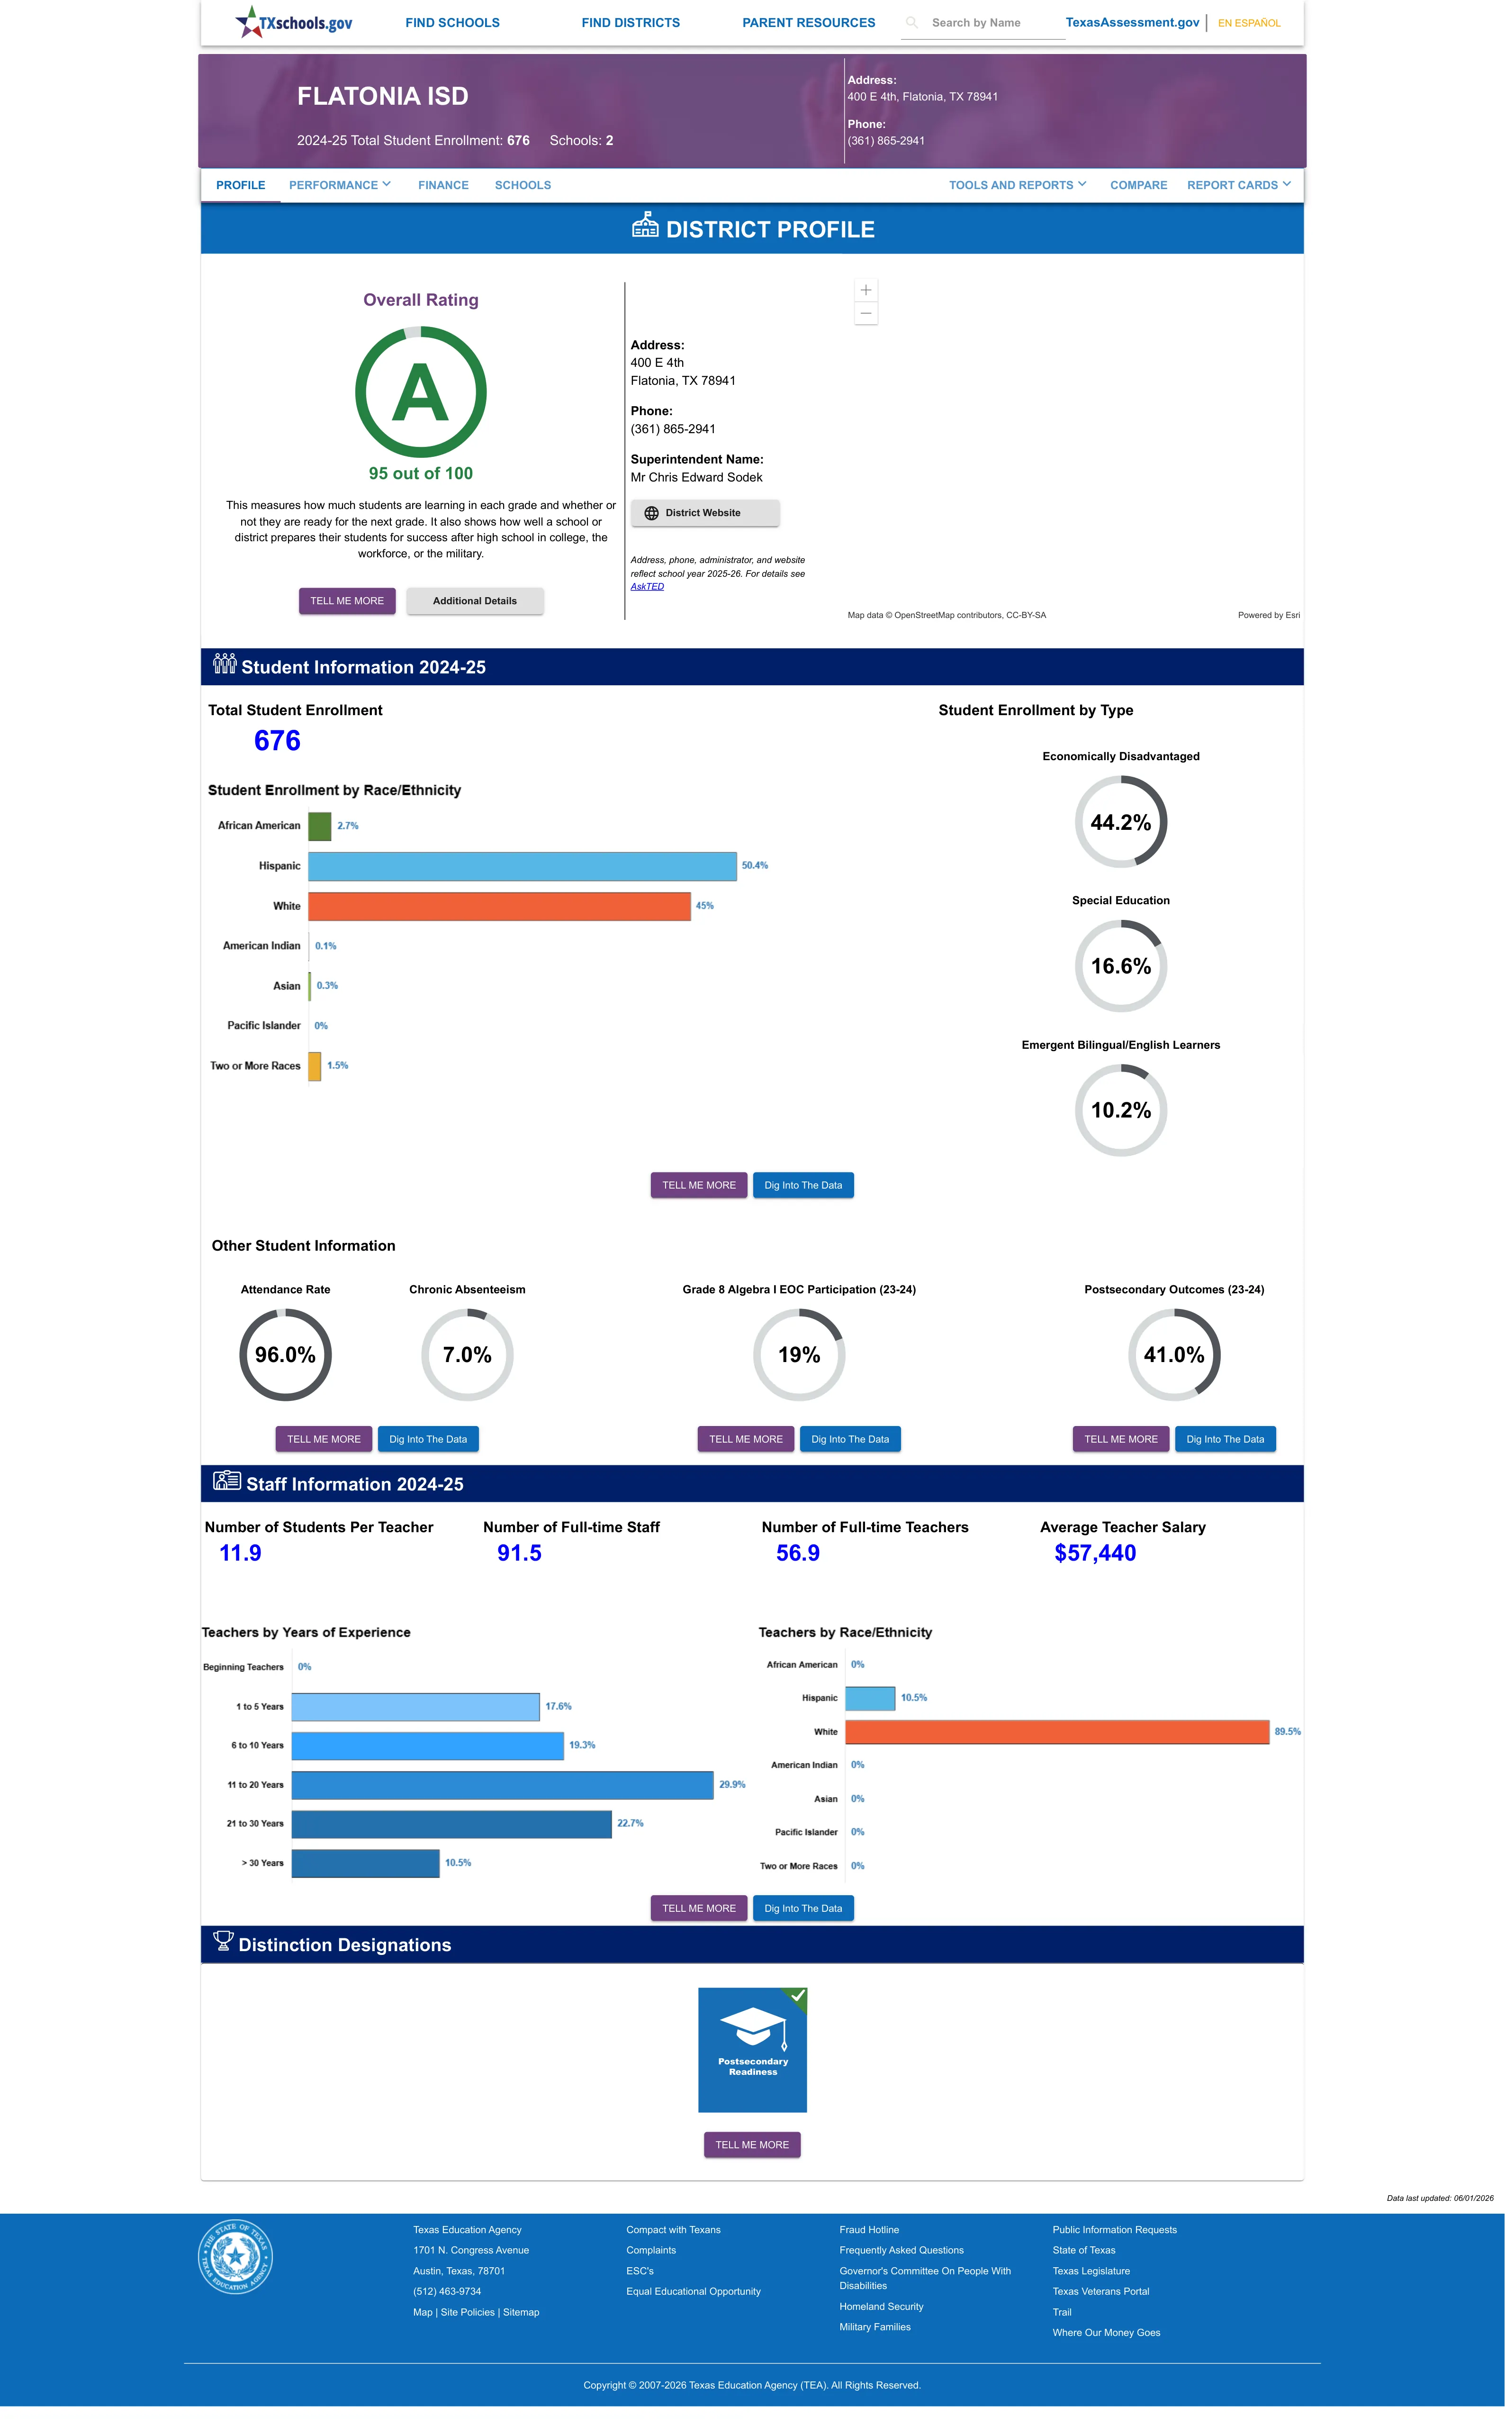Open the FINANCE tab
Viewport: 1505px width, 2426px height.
click(x=443, y=185)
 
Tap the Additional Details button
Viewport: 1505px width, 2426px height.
click(x=475, y=601)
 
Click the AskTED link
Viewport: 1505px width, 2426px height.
click(x=647, y=586)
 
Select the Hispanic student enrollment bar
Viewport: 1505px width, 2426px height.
click(x=523, y=866)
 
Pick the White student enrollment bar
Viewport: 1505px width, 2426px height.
click(x=500, y=906)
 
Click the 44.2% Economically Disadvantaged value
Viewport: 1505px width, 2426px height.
click(x=1121, y=822)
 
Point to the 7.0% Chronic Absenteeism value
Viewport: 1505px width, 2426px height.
click(x=467, y=1355)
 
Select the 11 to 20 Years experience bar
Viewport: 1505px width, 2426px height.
click(x=503, y=1785)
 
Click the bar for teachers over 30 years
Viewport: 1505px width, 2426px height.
click(x=365, y=1863)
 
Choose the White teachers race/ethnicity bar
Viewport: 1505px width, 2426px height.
click(x=1057, y=1732)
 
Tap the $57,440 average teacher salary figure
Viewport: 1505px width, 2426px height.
click(x=1095, y=1553)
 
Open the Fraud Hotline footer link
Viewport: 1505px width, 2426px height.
click(x=869, y=2230)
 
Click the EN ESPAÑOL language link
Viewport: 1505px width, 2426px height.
click(x=1249, y=23)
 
